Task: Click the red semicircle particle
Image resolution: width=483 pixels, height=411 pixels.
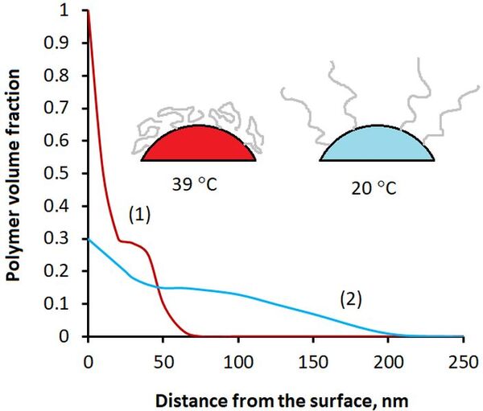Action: click(x=198, y=146)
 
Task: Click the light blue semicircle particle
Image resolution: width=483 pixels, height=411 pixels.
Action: click(x=377, y=146)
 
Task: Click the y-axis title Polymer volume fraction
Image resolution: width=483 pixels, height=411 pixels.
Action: click(x=14, y=172)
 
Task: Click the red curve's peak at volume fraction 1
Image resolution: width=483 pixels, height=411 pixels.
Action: click(x=88, y=13)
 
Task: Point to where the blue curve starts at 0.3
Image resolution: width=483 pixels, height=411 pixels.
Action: click(x=88, y=239)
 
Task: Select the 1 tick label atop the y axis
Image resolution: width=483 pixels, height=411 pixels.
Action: click(x=72, y=11)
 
